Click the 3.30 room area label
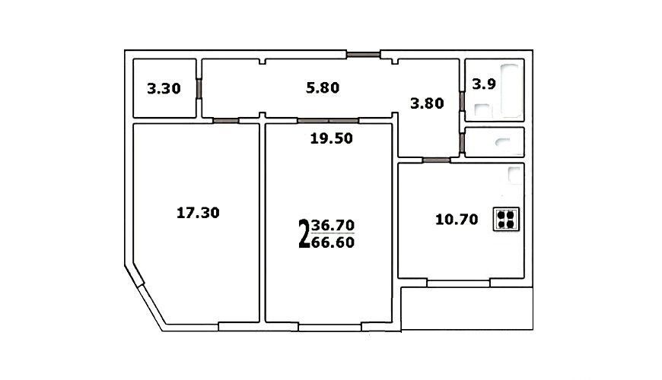tap(164, 89)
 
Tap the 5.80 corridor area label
tap(323, 87)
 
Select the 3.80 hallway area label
tap(427, 103)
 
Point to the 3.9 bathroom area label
tap(484, 84)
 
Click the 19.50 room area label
tap(332, 138)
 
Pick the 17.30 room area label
tap(198, 213)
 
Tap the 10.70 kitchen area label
tap(457, 220)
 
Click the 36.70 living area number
tap(333, 225)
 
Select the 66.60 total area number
tap(333, 242)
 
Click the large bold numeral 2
tap(304, 233)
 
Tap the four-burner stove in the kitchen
tap(506, 219)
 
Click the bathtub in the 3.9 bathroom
tap(510, 90)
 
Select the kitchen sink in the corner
tap(514, 175)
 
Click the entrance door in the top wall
tap(364, 54)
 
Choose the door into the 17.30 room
tap(226, 121)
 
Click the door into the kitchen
tap(436, 160)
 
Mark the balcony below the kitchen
tap(467, 309)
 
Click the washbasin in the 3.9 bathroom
tap(482, 110)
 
